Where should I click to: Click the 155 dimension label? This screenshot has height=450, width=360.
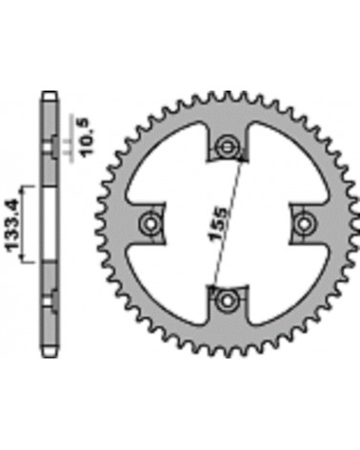click(x=218, y=224)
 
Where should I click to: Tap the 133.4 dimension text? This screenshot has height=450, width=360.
click(x=12, y=224)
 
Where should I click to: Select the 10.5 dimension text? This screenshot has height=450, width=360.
click(x=88, y=137)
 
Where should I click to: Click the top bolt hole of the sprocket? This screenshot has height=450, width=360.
click(x=226, y=147)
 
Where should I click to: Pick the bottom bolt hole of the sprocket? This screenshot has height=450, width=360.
click(x=226, y=300)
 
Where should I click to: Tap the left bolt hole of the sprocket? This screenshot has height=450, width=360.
click(x=150, y=223)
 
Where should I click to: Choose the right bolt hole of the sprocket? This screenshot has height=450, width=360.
click(x=303, y=223)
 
